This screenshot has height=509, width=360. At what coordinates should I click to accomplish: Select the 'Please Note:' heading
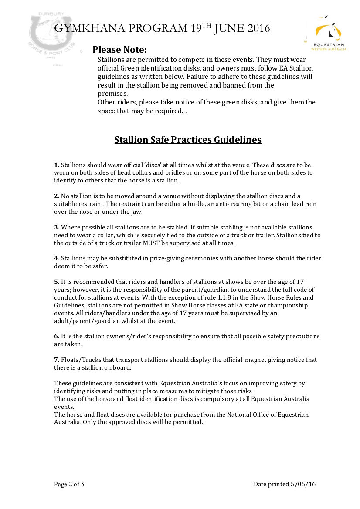coord(119,49)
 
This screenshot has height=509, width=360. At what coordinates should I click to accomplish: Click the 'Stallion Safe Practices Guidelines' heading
coord(188,140)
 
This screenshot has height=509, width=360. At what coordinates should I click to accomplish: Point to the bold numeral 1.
coord(57,165)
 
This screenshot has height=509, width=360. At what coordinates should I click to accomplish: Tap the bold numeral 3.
coord(57,228)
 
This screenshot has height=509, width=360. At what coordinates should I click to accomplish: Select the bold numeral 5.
coord(57,282)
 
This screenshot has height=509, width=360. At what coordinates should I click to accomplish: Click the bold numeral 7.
coord(57,360)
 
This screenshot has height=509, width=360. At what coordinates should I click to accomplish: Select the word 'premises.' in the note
coord(112,94)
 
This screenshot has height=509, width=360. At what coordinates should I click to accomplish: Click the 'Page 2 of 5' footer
coord(69,484)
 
